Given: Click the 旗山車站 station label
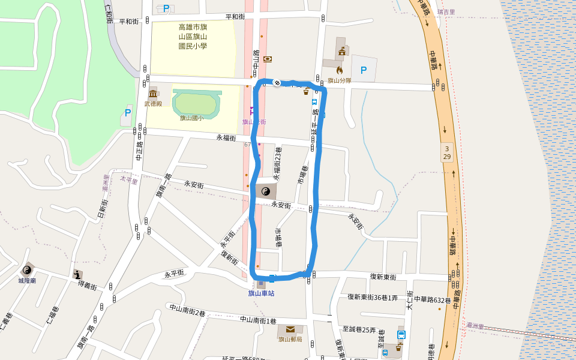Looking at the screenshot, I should pyautogui.click(x=261, y=293).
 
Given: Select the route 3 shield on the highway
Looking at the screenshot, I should pyautogui.click(x=446, y=147).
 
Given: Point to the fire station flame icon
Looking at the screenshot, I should pyautogui.click(x=339, y=70).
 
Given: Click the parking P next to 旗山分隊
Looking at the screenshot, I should pyautogui.click(x=363, y=70).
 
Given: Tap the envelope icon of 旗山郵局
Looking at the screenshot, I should pyautogui.click(x=290, y=329).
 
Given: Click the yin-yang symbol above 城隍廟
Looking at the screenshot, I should pyautogui.click(x=27, y=270).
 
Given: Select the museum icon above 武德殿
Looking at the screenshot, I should pyautogui.click(x=153, y=93).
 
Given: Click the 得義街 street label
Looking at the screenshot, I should pyautogui.click(x=88, y=287).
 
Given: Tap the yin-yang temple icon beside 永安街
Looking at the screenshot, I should pyautogui.click(x=266, y=192).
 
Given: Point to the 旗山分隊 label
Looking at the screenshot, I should pyautogui.click(x=339, y=80).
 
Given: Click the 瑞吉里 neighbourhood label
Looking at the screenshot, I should pyautogui.click(x=446, y=12).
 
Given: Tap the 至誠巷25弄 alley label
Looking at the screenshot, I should pyautogui.click(x=359, y=329).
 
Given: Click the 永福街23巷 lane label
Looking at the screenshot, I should pyautogui.click(x=278, y=163).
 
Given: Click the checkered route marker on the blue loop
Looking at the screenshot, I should pyautogui.click(x=277, y=82).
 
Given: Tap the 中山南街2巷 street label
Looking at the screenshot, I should pyautogui.click(x=187, y=310).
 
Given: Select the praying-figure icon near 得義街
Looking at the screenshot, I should pyautogui.click(x=77, y=274).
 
